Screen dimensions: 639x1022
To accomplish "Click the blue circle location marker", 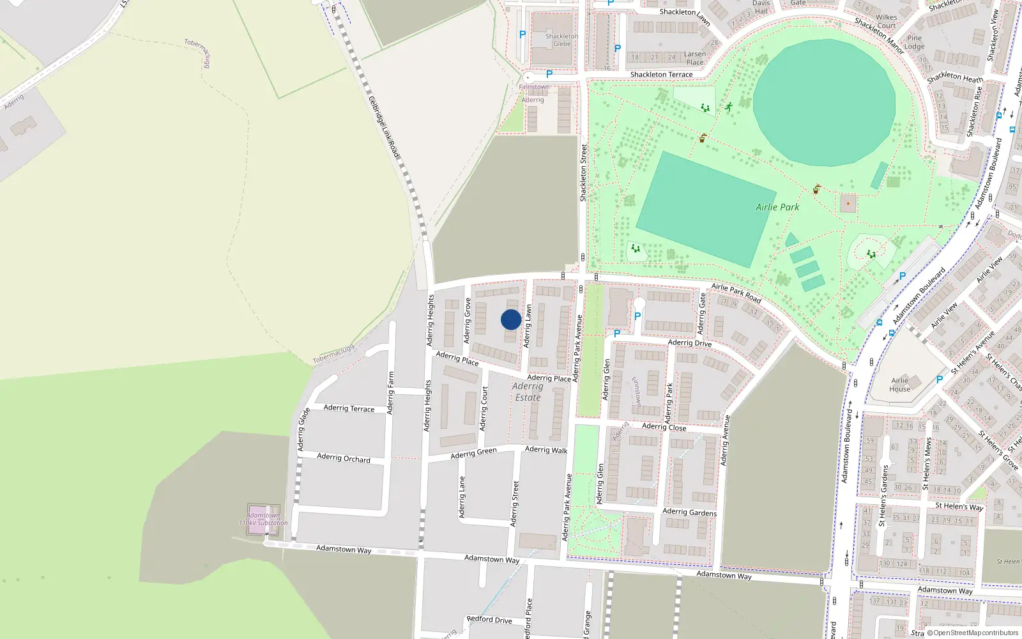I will point(511,319).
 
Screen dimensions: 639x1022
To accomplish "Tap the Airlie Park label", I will point(777,207).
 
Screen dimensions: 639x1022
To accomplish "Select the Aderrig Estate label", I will point(528,392).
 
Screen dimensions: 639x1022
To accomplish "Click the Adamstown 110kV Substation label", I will point(263,519).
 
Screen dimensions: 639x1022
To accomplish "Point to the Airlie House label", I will point(899,385).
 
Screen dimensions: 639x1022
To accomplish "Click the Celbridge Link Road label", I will point(384,127).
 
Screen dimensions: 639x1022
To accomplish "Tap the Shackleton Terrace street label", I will point(661,75).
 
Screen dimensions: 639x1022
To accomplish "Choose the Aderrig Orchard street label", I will point(344,458).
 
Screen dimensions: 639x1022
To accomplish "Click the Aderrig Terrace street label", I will point(349,408).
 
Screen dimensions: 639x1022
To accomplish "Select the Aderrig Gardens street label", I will point(689,512).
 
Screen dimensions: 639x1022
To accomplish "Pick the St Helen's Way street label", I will point(959,506).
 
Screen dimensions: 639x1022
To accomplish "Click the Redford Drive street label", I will point(489,619).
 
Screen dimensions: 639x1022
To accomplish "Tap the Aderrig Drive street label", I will point(689,343).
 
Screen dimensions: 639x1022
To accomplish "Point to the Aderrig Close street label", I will point(664,427).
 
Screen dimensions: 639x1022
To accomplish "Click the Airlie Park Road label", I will point(736,293).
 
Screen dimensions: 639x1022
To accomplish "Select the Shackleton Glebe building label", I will point(562,40).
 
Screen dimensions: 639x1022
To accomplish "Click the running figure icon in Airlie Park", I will point(729,107).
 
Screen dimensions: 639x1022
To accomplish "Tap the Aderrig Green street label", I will point(473,453).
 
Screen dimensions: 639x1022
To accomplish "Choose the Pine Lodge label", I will point(914,42).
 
